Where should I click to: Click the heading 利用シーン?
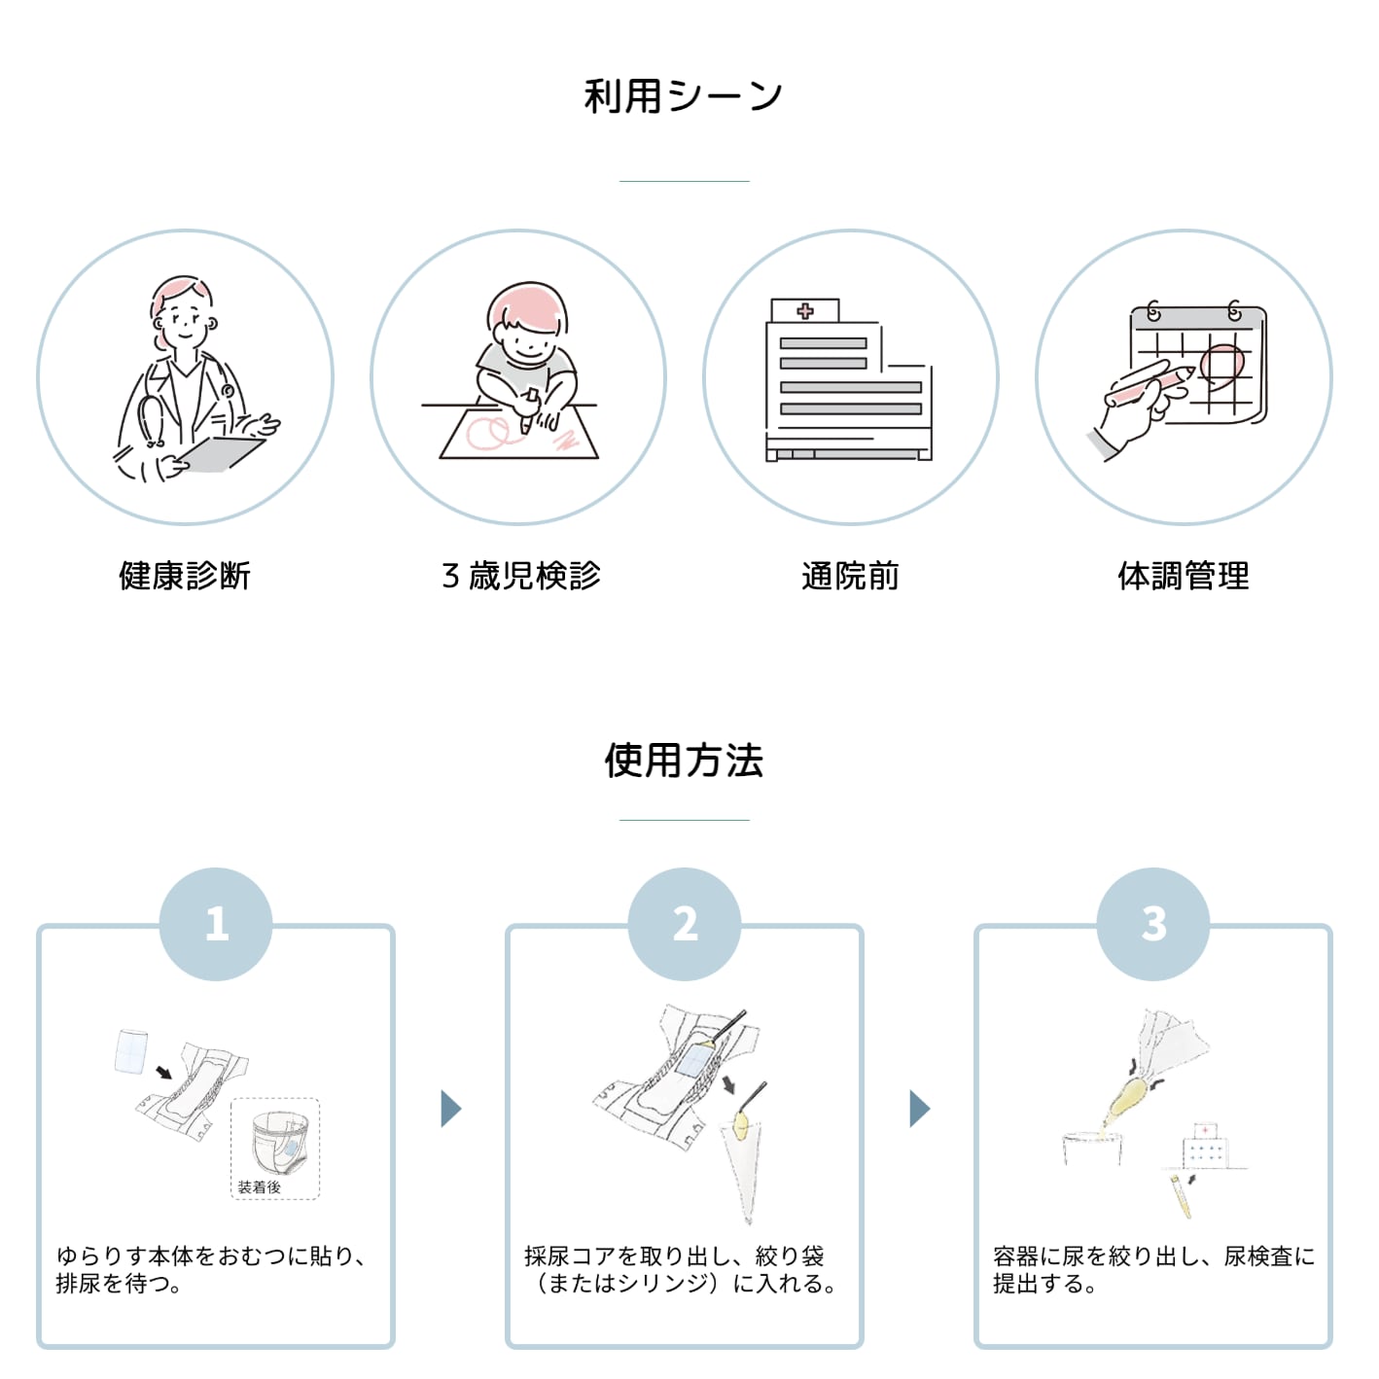(x=684, y=96)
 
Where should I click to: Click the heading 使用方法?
(x=684, y=760)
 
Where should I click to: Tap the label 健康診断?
(x=185, y=576)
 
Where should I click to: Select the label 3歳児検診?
(x=521, y=576)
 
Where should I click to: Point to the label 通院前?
(x=850, y=576)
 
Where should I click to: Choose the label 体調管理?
(x=1184, y=576)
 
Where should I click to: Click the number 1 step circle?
(x=216, y=924)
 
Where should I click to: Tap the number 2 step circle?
(x=685, y=924)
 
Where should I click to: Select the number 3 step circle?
(x=1153, y=924)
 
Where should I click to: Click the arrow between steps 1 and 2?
(x=451, y=1109)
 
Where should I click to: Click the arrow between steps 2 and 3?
(x=920, y=1109)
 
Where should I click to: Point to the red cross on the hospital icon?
(x=805, y=310)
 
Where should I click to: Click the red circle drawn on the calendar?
(x=1222, y=367)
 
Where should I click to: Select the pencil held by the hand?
(x=1150, y=384)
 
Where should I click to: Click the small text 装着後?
(x=259, y=1187)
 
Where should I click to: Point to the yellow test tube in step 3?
(x=1181, y=1196)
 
